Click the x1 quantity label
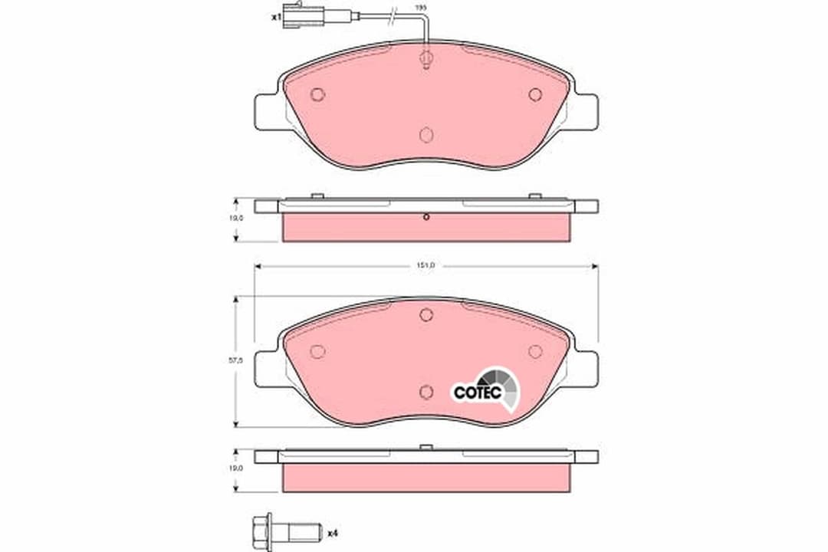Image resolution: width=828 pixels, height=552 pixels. coord(276,15)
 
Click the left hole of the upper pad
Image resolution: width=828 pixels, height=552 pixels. coord(317,94)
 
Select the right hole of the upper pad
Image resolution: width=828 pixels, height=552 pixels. coord(535,94)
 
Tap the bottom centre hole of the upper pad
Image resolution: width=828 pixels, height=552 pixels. coord(426,135)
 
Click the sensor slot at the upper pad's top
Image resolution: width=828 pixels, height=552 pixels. coord(426,59)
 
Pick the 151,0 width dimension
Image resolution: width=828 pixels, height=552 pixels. coord(426,265)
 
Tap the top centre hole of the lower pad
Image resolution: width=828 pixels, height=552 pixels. coord(426,314)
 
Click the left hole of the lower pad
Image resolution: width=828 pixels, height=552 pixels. coord(317,351)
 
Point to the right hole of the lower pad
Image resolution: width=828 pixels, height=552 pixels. coord(535,351)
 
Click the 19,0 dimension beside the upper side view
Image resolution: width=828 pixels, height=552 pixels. coord(238,218)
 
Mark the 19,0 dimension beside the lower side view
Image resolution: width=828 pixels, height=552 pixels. coord(238,467)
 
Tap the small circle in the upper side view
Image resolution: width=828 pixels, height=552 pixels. coord(426,217)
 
